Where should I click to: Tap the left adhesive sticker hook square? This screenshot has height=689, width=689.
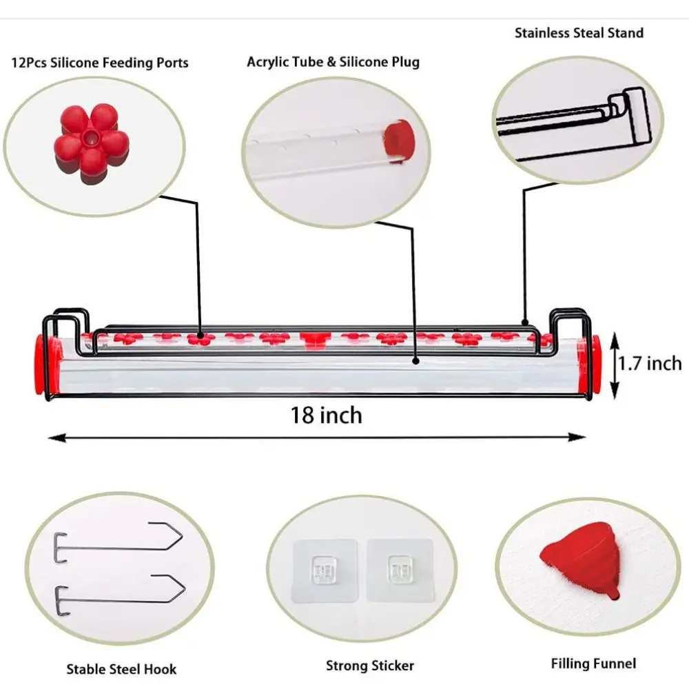(x=325, y=570)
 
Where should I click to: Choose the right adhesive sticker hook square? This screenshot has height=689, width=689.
(x=398, y=570)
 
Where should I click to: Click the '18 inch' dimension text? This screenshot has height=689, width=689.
(x=326, y=415)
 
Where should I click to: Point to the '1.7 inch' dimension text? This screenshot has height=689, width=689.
(x=649, y=363)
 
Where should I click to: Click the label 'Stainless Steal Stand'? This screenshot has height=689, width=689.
(x=579, y=32)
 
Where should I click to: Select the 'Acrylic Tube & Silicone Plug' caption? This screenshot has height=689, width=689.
(x=333, y=62)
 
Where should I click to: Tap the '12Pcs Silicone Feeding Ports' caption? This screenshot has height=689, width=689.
(x=99, y=63)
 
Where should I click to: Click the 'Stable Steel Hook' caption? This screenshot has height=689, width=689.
(x=121, y=668)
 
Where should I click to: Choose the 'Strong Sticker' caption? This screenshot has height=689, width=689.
(x=370, y=666)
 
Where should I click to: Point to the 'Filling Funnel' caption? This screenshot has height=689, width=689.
(x=593, y=664)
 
